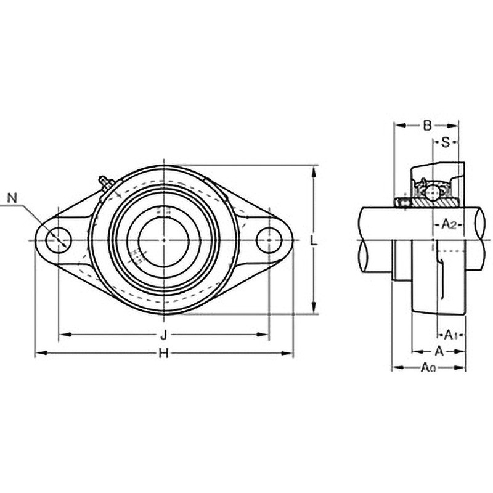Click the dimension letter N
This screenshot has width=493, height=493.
(x=12, y=198)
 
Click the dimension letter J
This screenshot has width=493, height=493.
(x=163, y=335)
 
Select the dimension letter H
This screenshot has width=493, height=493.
(x=163, y=354)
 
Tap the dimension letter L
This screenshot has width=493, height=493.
(x=313, y=241)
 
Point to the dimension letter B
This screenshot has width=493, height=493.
(x=427, y=126)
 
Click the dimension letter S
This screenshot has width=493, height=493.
(x=446, y=143)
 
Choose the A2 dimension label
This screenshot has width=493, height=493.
(x=449, y=225)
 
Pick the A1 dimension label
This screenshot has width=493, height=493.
(x=449, y=335)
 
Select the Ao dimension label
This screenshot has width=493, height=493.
(x=428, y=367)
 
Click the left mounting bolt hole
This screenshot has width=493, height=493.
(x=59, y=240)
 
